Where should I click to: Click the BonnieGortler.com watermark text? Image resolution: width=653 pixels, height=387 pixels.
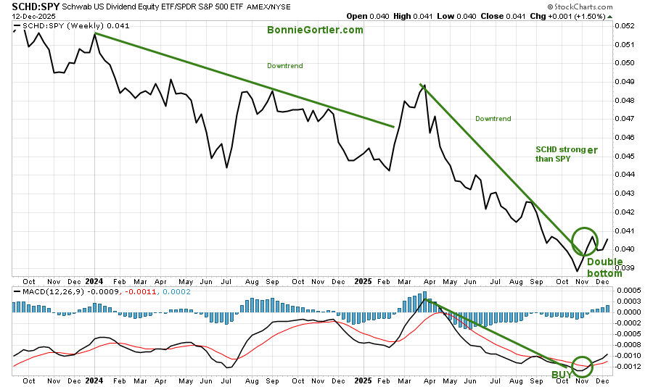(x=315, y=30)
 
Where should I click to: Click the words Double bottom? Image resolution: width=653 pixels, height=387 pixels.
(x=604, y=268)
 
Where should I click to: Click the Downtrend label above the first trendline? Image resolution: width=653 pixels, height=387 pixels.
(x=284, y=66)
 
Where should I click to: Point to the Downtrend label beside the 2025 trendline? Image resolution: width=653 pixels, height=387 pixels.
(x=493, y=118)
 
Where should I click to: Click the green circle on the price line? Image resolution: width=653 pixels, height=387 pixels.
(x=585, y=241)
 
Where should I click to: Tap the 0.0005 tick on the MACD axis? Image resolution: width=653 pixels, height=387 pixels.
(x=628, y=290)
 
